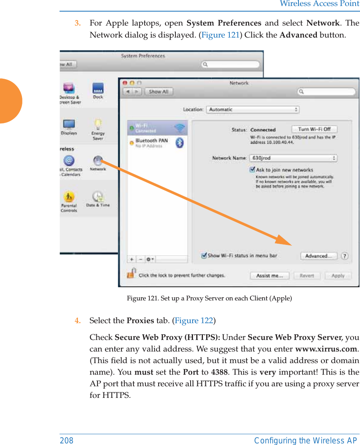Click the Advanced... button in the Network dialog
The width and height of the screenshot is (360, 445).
(318, 256)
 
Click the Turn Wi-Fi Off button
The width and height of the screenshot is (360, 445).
(314, 129)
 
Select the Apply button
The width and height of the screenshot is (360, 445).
(338, 276)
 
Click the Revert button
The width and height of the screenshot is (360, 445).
(306, 276)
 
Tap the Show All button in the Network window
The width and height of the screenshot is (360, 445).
(158, 91)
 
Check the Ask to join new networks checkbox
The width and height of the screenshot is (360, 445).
(253, 170)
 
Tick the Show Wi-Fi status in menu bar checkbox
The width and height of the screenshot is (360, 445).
(204, 256)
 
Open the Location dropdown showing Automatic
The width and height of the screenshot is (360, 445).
(253, 109)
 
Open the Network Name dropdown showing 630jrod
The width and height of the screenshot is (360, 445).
(293, 158)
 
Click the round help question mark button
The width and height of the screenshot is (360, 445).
(344, 256)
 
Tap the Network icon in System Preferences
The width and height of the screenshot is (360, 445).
(98, 161)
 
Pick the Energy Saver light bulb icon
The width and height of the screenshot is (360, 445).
(98, 125)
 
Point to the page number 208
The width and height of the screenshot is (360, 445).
(67, 441)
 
